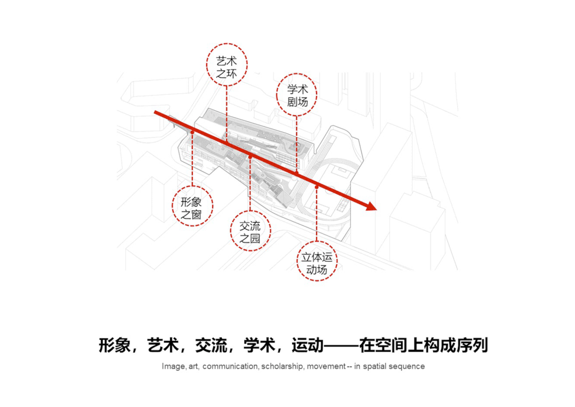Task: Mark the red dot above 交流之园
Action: (249, 156)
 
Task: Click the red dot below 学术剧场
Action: (297, 174)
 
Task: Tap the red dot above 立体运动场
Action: (317, 186)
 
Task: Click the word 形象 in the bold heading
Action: (114, 345)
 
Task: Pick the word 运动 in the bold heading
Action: (307, 345)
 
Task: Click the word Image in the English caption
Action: (172, 367)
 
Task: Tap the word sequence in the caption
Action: (408, 367)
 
